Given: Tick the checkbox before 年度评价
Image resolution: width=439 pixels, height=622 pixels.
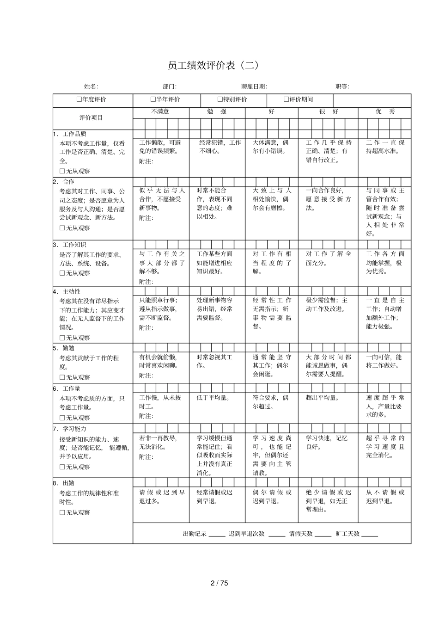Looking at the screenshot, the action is coord(79,99).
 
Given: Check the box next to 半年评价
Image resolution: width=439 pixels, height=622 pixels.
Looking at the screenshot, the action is coord(153,99).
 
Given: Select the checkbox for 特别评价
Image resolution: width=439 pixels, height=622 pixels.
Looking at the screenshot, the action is coord(220,99).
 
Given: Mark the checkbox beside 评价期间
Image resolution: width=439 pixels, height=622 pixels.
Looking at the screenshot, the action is coord(286,99).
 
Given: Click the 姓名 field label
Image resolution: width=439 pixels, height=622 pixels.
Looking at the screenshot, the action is coord(91,86).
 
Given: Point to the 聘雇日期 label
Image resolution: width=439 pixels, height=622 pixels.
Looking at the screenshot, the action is coord(254,86).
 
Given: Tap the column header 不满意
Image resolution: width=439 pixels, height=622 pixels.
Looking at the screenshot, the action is coord(160,112).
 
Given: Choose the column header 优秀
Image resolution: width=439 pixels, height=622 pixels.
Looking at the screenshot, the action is coord(385,112).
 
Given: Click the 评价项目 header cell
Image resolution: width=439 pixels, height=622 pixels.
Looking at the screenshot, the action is coord(91,118).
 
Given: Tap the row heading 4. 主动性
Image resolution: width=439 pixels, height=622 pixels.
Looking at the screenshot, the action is coord(68,292).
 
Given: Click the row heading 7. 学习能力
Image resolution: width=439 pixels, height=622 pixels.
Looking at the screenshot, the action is coord(71,429).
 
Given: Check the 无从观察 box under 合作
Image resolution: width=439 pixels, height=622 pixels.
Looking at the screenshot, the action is coord(62,228).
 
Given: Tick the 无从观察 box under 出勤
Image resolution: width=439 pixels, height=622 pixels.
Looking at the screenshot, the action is coord(62,512).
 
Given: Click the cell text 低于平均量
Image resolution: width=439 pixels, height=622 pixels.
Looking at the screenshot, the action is coord(213,398).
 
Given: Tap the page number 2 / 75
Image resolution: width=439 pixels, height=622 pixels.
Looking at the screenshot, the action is coord(219,583).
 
